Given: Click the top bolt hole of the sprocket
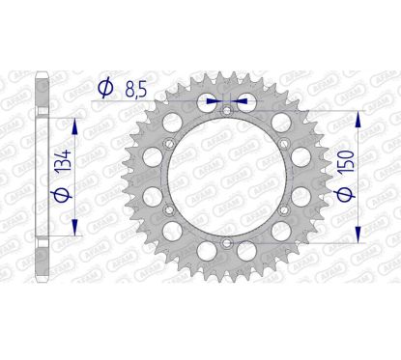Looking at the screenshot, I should [x=225, y=112].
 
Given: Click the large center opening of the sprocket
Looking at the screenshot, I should [x=225, y=180].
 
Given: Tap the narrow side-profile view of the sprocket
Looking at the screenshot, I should [x=40, y=179].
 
